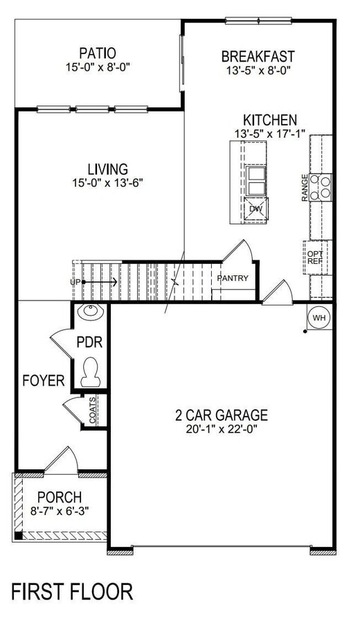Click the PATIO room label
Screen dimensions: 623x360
click(97, 53)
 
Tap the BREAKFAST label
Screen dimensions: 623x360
click(258, 56)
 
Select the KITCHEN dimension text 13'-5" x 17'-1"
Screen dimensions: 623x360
click(270, 132)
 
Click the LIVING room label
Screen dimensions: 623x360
click(107, 169)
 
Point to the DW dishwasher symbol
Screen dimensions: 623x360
click(255, 208)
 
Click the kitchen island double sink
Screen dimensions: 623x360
click(255, 181)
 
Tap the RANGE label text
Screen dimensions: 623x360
click(305, 188)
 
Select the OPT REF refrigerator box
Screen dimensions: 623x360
click(315, 258)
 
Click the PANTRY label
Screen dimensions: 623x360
click(233, 278)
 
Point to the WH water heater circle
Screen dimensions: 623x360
click(319, 317)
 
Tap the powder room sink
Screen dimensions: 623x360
click(90, 313)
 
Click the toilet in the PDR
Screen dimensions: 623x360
click(90, 372)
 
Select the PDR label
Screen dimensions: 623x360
click(89, 342)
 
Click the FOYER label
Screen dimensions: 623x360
click(44, 380)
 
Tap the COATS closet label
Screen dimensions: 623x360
click(93, 410)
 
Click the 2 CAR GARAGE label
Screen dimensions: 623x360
click(221, 415)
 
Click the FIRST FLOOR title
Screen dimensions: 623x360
click(72, 592)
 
